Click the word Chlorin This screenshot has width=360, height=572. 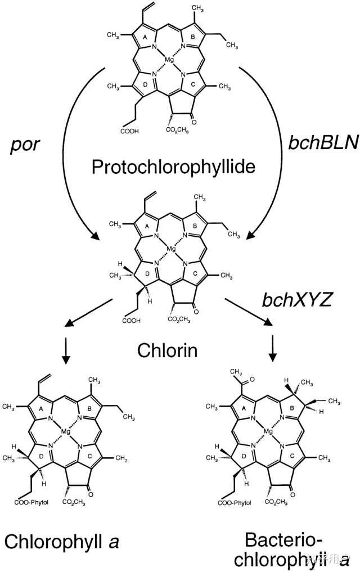167,352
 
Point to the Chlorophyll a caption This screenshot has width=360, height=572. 64,541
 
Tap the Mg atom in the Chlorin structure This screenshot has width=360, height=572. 172,249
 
